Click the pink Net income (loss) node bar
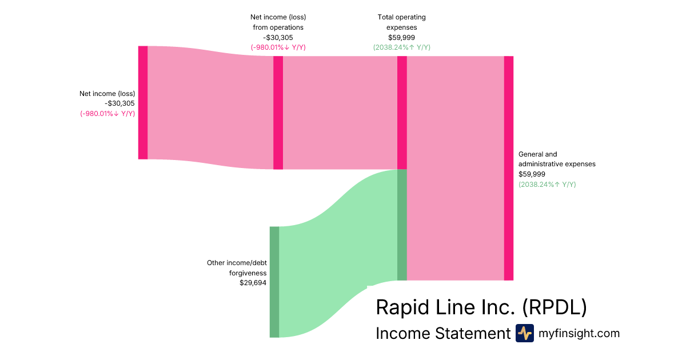point(143,102)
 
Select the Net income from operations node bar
point(278,113)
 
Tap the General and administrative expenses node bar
point(508,168)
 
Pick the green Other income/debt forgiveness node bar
point(274,282)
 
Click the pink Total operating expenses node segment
point(402,113)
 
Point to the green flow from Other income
point(337,257)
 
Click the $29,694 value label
point(253,282)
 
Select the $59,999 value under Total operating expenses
point(401,37)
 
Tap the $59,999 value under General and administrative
point(532,174)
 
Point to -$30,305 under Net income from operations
point(278,37)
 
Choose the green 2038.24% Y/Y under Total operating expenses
point(401,47)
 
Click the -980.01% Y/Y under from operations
point(278,47)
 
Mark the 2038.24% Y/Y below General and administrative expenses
point(547,184)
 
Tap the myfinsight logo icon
point(524,333)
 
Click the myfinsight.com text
point(579,333)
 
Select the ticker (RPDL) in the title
point(555,307)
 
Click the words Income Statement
point(442,333)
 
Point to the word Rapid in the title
point(401,307)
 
